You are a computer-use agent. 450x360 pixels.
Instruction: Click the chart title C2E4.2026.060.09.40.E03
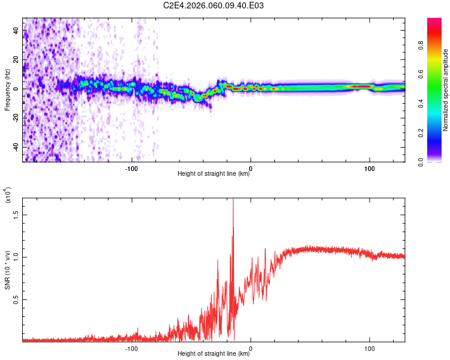214,5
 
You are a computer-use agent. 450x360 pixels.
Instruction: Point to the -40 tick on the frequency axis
16,147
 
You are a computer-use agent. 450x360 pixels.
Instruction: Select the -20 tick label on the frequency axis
16,118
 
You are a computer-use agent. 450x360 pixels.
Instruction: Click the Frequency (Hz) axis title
7,90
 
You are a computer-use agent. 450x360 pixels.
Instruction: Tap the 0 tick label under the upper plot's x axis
251,167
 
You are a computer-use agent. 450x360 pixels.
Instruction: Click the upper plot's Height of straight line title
214,174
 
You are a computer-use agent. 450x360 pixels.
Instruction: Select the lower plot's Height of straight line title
214,354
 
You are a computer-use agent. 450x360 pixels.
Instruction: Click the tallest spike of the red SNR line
233,201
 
